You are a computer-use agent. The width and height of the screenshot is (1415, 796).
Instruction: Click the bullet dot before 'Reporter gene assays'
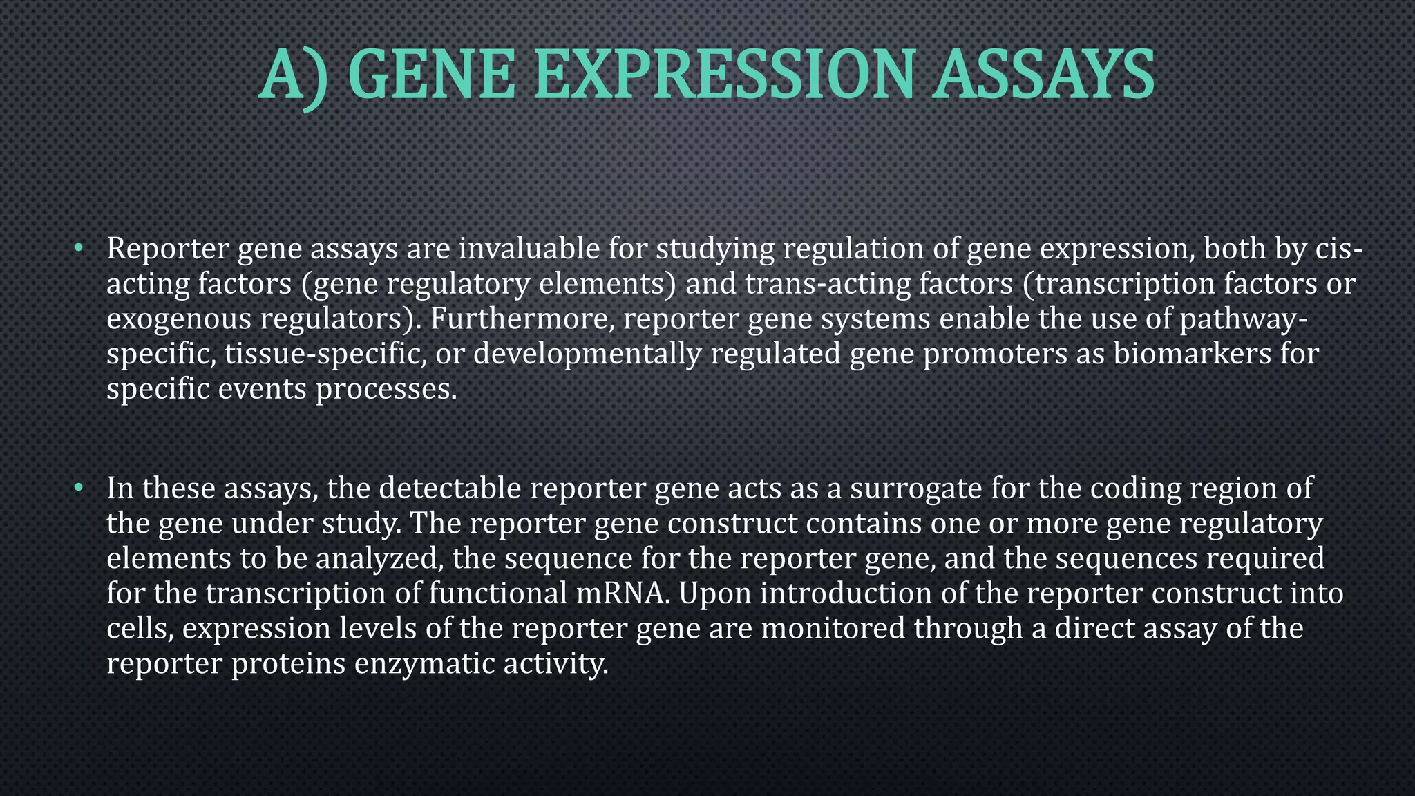(x=79, y=247)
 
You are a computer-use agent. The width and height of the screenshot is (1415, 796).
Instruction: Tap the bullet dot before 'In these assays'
(x=79, y=488)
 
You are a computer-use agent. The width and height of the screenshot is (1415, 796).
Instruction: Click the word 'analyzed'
(x=379, y=559)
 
